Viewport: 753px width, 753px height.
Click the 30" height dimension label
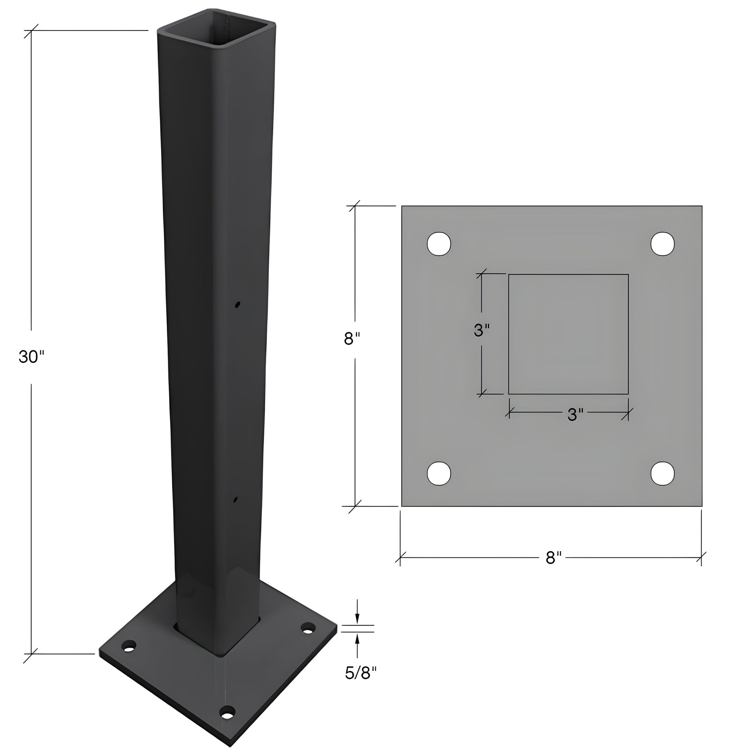(x=32, y=357)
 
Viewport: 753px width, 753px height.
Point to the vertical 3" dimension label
(x=482, y=330)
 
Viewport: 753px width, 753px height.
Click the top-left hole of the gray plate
(x=439, y=244)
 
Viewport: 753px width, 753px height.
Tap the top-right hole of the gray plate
(x=663, y=244)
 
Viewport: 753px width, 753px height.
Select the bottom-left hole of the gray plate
(x=439, y=474)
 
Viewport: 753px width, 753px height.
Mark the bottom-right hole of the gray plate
(x=663, y=474)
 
